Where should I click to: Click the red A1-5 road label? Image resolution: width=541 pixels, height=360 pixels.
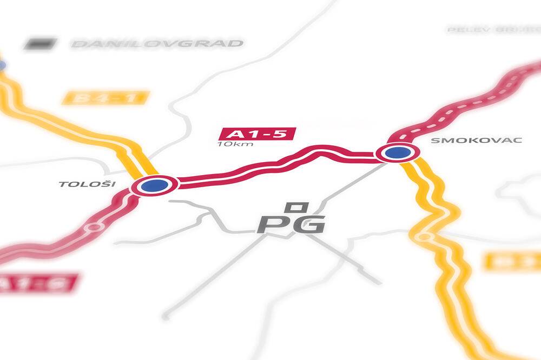pos(257,134)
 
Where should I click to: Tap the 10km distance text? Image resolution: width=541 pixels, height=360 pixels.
pos(235,144)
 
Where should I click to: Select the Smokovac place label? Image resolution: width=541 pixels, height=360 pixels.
pos(476,140)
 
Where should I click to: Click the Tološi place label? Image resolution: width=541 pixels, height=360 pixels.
pos(87,184)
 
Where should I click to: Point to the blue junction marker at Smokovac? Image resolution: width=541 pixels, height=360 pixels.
pos(397,153)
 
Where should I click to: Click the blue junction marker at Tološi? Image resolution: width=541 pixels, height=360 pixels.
pos(154,186)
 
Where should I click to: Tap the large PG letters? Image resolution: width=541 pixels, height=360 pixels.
pos(291,224)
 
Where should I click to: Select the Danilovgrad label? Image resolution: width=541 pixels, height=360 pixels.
pos(157,43)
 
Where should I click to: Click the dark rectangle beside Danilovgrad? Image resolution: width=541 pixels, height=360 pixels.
pos(40,43)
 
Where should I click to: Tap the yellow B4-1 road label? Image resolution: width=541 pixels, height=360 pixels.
pos(105,98)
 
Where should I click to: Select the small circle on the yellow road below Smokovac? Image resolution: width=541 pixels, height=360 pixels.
pos(424,237)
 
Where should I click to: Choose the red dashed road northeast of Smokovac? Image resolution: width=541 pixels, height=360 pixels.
pos(476,102)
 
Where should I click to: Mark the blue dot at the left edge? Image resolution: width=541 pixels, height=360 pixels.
pos(2,65)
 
